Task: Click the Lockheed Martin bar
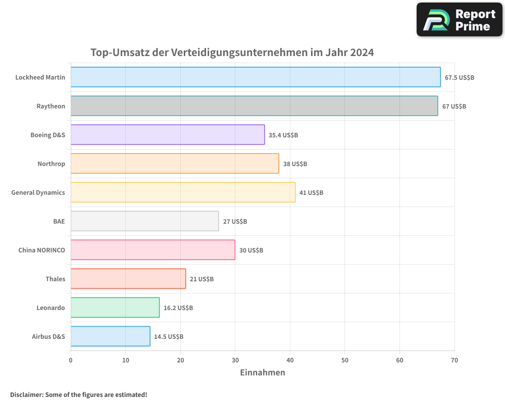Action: pyautogui.click(x=256, y=77)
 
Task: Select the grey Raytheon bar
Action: pyautogui.click(x=254, y=106)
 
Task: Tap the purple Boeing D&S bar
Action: pyautogui.click(x=168, y=135)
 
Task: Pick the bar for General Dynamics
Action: pyautogui.click(x=183, y=192)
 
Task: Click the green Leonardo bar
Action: pyautogui.click(x=115, y=308)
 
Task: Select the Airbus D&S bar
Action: pyautogui.click(x=110, y=336)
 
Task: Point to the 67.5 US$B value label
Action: pyautogui.click(x=459, y=78)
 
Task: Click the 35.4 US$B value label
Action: pyautogui.click(x=283, y=135)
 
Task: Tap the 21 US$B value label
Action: pyautogui.click(x=201, y=279)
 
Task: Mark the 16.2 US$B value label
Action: pyautogui.click(x=178, y=308)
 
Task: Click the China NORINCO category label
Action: pyautogui.click(x=41, y=250)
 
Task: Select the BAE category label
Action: pyautogui.click(x=59, y=221)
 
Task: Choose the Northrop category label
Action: pyautogui.click(x=51, y=164)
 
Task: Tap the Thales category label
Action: pyautogui.click(x=55, y=279)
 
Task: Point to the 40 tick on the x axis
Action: pyautogui.click(x=290, y=360)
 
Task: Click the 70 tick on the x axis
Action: pyautogui.click(x=454, y=360)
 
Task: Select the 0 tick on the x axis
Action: pyautogui.click(x=71, y=360)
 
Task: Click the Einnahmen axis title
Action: pyautogui.click(x=262, y=373)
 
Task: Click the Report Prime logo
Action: pyautogui.click(x=460, y=20)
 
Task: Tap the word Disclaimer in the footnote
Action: pyautogui.click(x=26, y=394)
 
